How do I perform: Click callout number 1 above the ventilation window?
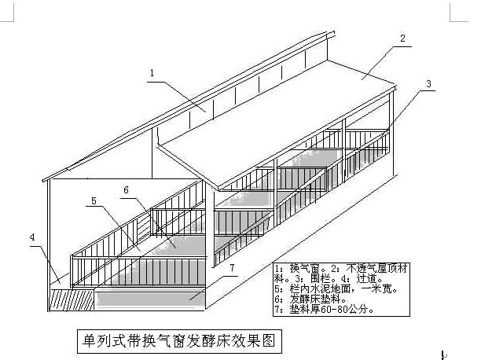152,73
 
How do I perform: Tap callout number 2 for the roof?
402,38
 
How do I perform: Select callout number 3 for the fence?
428,83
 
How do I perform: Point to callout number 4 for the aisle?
32,237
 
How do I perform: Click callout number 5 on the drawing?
94,201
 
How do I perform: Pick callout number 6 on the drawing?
126,190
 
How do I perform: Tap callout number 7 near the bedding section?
232,267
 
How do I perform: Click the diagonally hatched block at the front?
72,299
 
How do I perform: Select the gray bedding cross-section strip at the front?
150,299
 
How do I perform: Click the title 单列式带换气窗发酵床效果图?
179,341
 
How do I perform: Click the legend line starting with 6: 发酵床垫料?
310,299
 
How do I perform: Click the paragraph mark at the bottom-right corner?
444,355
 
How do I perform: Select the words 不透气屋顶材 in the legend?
377,269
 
